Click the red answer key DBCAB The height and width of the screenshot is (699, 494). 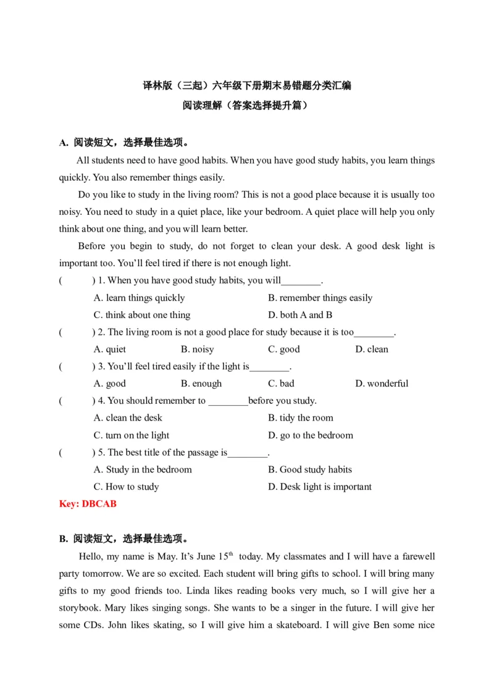[x=88, y=504]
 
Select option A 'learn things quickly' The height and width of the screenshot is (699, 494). [x=139, y=298]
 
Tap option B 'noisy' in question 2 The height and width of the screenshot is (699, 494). [x=197, y=349]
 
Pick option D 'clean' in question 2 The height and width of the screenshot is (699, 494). [x=372, y=349]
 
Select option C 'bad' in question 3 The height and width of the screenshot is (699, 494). [x=281, y=383]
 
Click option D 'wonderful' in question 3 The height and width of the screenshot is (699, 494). [x=382, y=383]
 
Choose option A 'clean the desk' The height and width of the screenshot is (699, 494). [x=128, y=418]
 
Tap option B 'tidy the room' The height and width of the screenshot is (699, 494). [x=300, y=418]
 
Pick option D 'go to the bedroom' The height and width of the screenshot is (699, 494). [x=311, y=435]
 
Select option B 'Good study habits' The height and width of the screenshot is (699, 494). [x=309, y=469]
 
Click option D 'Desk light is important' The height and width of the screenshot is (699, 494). [x=320, y=487]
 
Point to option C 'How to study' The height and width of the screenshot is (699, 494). [x=126, y=487]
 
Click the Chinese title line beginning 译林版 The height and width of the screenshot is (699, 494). [x=247, y=86]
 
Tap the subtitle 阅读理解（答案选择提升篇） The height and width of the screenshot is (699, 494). [x=247, y=105]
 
